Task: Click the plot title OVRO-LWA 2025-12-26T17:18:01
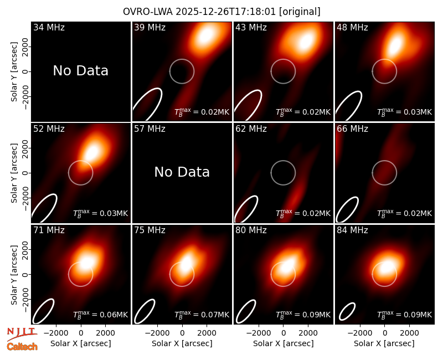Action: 199,12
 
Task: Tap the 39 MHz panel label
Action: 150,27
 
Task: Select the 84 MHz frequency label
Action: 352,230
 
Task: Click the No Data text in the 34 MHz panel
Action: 81,71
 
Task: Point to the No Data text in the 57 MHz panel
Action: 182,172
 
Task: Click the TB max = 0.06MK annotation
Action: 101,315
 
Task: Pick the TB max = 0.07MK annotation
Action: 202,315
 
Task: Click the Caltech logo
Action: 22,347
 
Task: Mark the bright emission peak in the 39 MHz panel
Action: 205,36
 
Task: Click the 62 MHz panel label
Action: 251,129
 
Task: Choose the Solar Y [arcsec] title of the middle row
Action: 14,173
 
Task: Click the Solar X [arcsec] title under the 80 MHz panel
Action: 284,343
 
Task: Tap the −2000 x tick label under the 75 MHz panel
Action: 157,333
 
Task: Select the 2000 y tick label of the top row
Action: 25,47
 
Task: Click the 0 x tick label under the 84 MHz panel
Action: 384,333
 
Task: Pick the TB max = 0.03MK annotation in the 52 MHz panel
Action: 101,213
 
